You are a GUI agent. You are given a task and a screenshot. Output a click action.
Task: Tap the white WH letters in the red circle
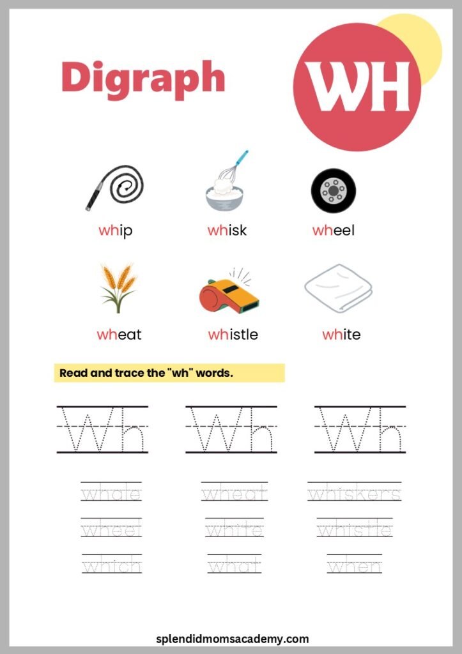(x=357, y=87)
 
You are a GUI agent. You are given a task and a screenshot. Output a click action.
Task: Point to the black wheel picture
(x=333, y=190)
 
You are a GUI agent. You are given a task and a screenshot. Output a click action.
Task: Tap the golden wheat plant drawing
(x=118, y=287)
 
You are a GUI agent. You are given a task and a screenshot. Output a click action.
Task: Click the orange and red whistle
(x=228, y=291)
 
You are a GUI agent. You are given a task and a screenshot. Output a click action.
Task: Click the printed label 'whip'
(x=116, y=231)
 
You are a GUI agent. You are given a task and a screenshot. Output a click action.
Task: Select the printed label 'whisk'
(x=227, y=231)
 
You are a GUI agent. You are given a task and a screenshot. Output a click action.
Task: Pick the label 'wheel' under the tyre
(x=333, y=231)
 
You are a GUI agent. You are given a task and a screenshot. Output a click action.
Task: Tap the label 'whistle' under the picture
(x=233, y=334)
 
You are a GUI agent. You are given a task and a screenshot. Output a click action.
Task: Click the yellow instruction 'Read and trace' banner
(x=169, y=373)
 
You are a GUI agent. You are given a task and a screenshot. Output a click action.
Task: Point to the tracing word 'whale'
(x=111, y=494)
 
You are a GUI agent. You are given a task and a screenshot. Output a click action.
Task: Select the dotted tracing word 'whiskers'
(x=354, y=494)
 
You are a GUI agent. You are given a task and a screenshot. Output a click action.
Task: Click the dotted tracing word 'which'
(x=112, y=566)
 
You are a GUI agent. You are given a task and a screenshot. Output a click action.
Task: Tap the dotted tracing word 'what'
(x=234, y=566)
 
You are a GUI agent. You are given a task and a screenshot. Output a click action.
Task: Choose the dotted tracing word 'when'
(x=354, y=566)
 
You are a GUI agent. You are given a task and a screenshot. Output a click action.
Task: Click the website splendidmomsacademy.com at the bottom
(x=233, y=639)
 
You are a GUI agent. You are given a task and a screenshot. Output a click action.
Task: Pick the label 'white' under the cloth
(x=341, y=334)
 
